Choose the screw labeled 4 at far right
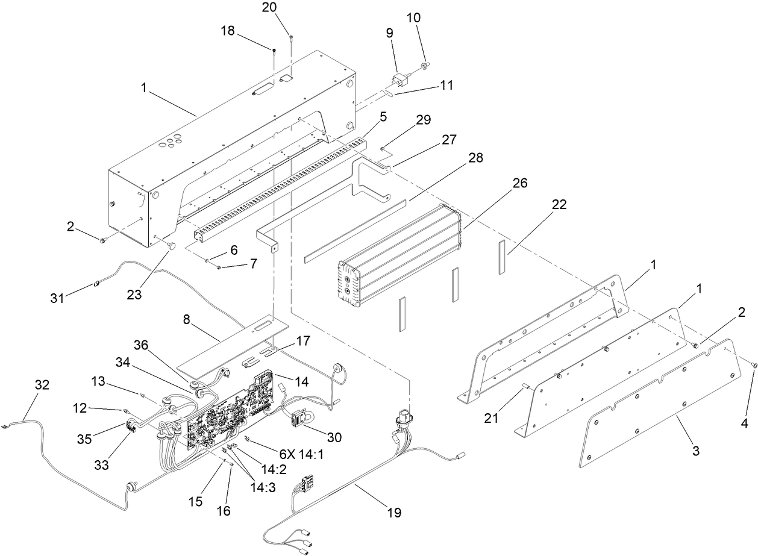click(754, 365)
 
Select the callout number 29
click(423, 119)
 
